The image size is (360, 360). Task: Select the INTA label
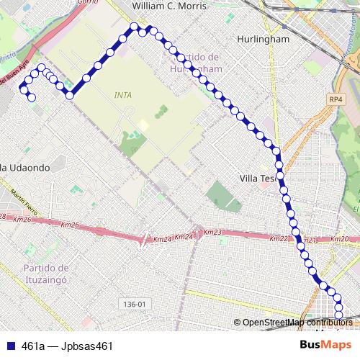[x=123, y=94]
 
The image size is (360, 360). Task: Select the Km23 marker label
[x=213, y=232]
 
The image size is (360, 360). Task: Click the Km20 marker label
[x=339, y=239]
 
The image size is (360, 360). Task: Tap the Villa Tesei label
[x=258, y=178]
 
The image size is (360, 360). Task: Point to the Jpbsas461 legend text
[x=88, y=346]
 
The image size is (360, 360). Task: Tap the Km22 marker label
[x=279, y=238]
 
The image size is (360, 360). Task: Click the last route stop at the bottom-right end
[x=338, y=313]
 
